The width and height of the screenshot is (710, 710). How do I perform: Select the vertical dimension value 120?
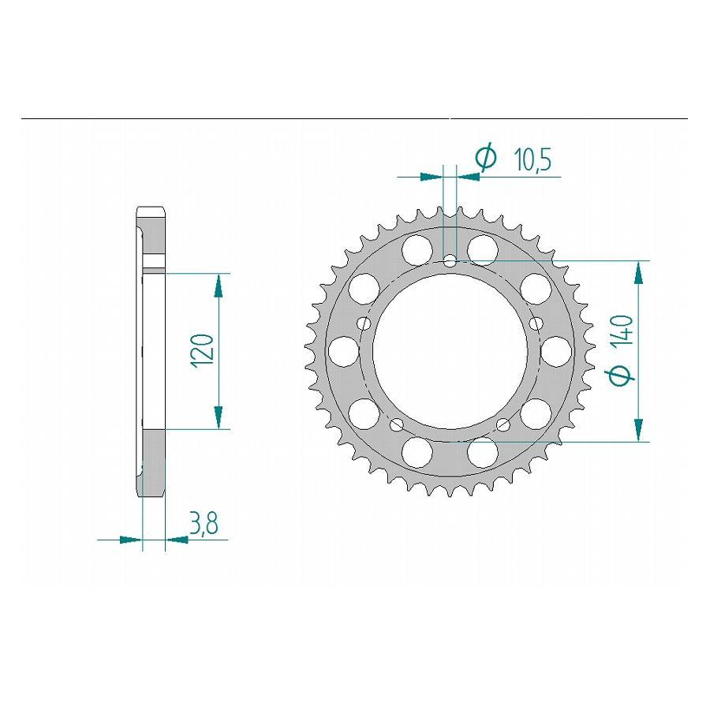202,349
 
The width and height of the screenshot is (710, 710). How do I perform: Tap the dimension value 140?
622,334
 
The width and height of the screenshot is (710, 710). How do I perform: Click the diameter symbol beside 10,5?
486,159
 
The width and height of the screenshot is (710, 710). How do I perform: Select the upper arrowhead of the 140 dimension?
637,272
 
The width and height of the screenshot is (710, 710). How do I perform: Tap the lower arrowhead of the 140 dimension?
637,429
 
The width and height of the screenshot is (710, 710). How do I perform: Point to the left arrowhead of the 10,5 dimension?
431,177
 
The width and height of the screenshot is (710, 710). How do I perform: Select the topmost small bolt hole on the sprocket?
449,260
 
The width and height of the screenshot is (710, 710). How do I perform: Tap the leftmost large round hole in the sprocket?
342,349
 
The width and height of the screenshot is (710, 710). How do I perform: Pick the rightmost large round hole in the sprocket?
555,349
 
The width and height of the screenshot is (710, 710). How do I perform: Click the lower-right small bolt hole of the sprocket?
504,426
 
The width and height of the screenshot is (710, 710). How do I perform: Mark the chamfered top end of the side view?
151,213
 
